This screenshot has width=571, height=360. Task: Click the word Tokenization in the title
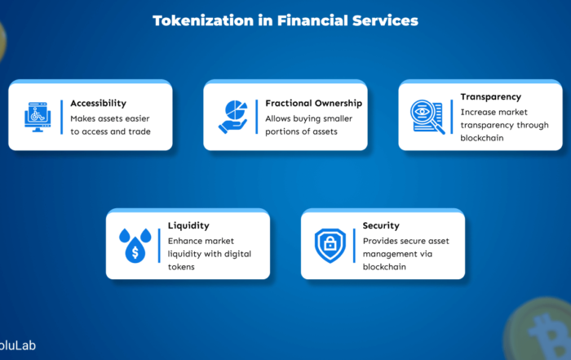pyautogui.click(x=203, y=20)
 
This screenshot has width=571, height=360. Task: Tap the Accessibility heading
pyautogui.click(x=99, y=104)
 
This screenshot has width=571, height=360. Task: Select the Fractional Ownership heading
pyautogui.click(x=313, y=104)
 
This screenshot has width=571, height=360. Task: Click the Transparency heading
pyautogui.click(x=490, y=97)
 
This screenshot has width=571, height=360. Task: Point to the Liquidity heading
pyautogui.click(x=188, y=226)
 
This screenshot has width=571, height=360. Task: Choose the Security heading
pyautogui.click(x=381, y=226)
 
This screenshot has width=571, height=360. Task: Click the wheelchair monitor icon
pyautogui.click(x=38, y=117)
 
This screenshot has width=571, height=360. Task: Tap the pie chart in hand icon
pyautogui.click(x=233, y=117)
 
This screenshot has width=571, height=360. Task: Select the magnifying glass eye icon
pyautogui.click(x=427, y=117)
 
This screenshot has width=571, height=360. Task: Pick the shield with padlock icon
pyautogui.click(x=330, y=246)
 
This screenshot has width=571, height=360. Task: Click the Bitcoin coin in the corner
pyautogui.click(x=538, y=330)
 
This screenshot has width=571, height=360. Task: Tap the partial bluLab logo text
pyautogui.click(x=18, y=345)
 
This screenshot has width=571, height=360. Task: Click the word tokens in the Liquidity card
pyautogui.click(x=181, y=267)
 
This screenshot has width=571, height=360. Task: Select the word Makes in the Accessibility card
pyautogui.click(x=82, y=119)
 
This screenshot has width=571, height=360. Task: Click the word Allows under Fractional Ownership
pyautogui.click(x=278, y=119)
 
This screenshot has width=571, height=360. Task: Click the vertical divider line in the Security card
pyautogui.click(x=354, y=246)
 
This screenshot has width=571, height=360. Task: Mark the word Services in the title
pyautogui.click(x=385, y=20)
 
